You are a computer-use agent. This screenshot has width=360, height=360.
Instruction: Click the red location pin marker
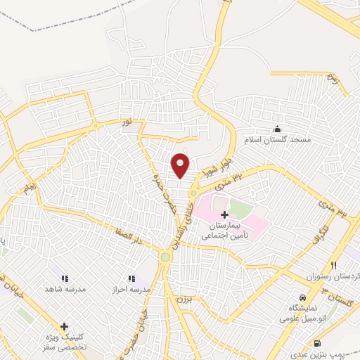[x=181, y=165]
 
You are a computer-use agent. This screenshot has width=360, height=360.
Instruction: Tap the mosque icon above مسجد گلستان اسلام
[x=277, y=129]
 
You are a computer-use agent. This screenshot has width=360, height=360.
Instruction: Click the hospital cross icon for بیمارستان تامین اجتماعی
[x=224, y=214]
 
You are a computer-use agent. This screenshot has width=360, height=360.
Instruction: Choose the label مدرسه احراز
[x=127, y=289]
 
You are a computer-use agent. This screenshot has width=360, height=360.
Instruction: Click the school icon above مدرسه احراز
[x=131, y=278]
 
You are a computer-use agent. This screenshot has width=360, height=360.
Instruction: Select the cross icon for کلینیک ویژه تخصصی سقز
[x=64, y=326]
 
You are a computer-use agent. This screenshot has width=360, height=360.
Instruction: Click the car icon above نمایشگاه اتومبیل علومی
[x=302, y=297]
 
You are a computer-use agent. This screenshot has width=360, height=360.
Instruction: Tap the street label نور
[x=127, y=122]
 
